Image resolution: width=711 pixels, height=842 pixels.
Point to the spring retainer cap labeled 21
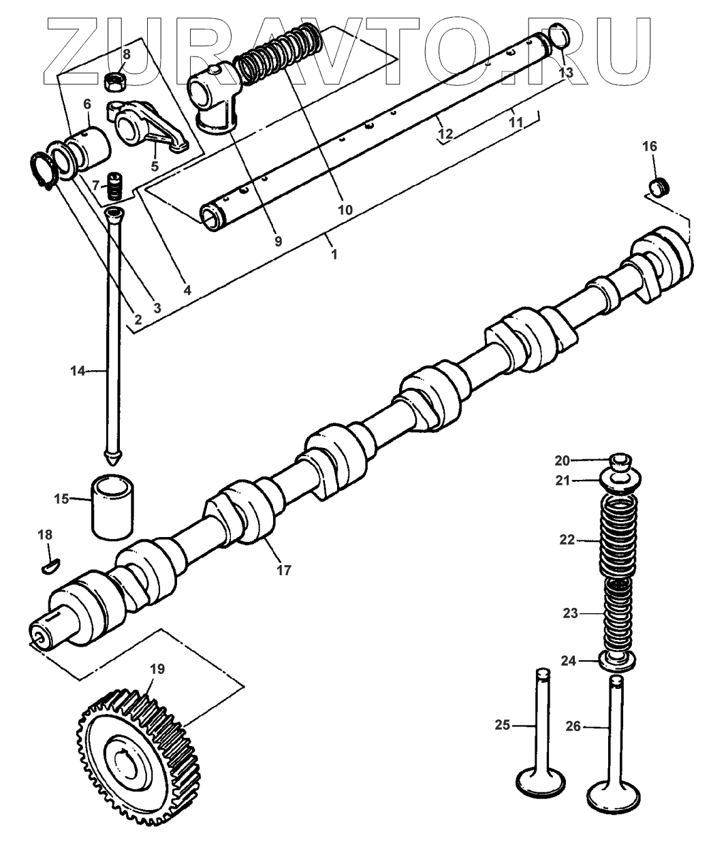[x=617, y=482]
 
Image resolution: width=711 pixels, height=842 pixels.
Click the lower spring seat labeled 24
[x=617, y=659]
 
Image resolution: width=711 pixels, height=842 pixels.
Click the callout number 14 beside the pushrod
[x=78, y=371]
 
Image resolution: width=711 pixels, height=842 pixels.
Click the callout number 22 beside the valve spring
[x=567, y=540]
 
